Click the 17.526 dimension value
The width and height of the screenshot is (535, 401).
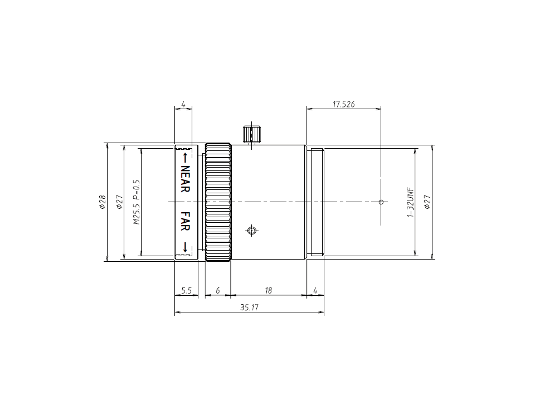[x=343, y=104]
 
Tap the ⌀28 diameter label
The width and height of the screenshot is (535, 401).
[x=102, y=202]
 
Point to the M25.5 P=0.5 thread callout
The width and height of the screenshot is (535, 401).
[x=136, y=202]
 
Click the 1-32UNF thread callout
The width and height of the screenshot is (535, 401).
[x=410, y=202]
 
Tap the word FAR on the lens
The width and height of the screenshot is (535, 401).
[x=185, y=220]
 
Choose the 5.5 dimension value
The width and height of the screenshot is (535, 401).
[x=186, y=291]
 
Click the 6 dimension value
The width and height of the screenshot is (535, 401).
[x=218, y=291]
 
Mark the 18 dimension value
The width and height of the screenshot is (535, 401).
[x=268, y=291]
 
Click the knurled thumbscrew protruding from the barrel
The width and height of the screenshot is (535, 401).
[x=251, y=134]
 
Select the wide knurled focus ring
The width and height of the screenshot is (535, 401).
[x=218, y=202]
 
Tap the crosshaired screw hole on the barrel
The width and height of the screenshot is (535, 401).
[x=252, y=230]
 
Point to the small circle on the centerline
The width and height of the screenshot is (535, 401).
[x=381, y=202]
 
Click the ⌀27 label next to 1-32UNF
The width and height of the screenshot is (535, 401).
[x=427, y=202]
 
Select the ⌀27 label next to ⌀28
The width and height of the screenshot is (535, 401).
[x=118, y=202]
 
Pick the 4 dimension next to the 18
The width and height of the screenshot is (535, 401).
[x=315, y=291]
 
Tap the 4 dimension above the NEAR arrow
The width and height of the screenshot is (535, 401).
[x=183, y=104]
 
